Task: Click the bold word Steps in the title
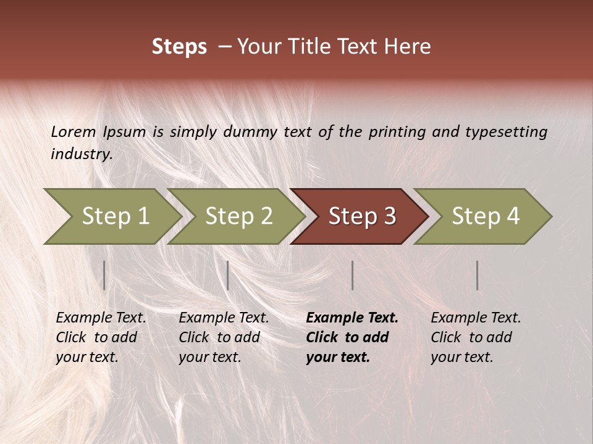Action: point(179,47)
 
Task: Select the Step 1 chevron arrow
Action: point(115,216)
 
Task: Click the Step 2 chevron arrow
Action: point(238,216)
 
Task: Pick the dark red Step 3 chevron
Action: point(361,216)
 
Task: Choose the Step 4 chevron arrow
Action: point(485,216)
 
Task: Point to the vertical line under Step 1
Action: point(104,275)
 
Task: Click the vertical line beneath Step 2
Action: point(228,275)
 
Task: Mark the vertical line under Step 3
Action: point(352,275)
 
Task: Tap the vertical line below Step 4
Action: point(477,275)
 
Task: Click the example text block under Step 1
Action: point(101,337)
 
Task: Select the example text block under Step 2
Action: point(224,337)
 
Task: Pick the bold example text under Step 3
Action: point(352,337)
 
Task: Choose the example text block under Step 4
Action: point(476,337)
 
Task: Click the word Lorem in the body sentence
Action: point(74,131)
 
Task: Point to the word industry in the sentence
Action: point(81,154)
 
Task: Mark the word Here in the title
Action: point(407,47)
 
